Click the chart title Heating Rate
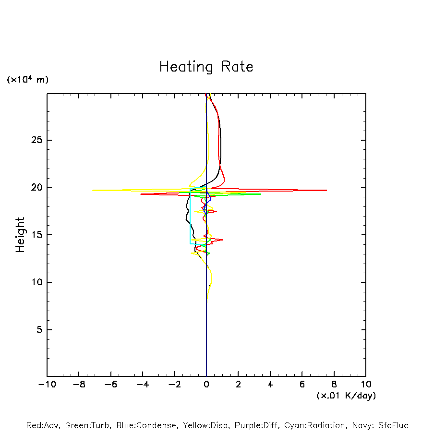[x=206, y=67]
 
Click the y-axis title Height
[x=20, y=235]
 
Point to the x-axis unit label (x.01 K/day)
[x=346, y=396]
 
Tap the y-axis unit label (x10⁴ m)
[x=27, y=80]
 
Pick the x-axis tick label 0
[x=206, y=384]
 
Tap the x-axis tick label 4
[x=270, y=384]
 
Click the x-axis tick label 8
[x=334, y=384]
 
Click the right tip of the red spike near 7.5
[x=326, y=191]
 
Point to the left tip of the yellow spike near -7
[x=93, y=191]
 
